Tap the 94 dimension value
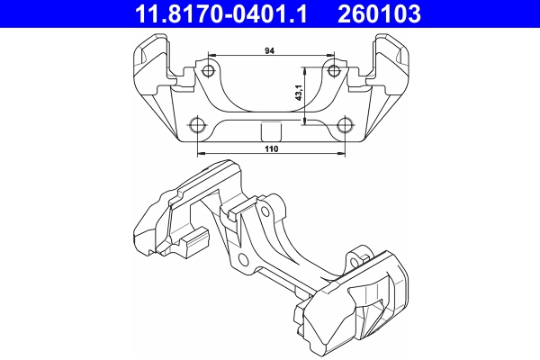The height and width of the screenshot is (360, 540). pos(270,51)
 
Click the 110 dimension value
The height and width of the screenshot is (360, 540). pos(270,148)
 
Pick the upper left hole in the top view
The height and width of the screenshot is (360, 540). pos(209,71)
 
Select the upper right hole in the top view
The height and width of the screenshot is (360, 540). pos(335,71)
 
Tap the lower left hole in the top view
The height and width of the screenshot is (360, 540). pos(197,123)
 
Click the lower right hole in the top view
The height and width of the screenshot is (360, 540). pos(345,123)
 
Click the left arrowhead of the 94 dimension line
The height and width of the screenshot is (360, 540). pos(211,56)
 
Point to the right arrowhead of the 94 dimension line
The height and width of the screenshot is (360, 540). pos(332,56)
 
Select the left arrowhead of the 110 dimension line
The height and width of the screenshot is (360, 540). pos(200,153)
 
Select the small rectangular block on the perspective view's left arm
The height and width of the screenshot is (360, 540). pos(196,239)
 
